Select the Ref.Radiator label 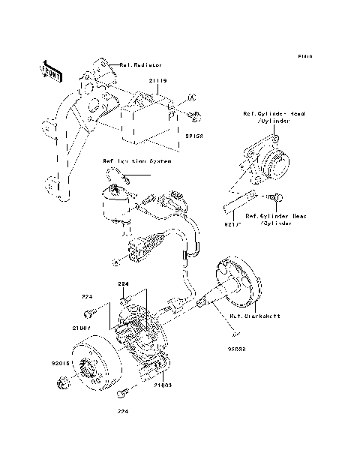(140, 66)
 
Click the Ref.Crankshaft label (256, 316)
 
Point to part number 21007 (82, 328)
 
